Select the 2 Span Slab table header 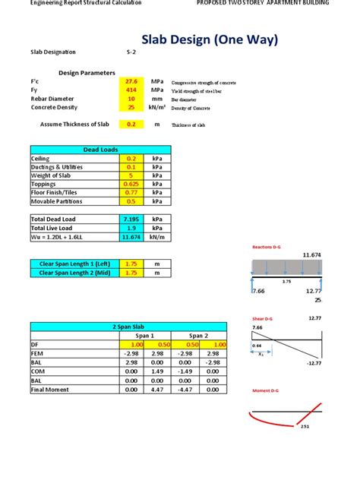pyautogui.click(x=128, y=327)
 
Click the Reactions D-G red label pyautogui.click(x=267, y=247)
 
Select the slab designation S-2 pyautogui.click(x=132, y=52)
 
